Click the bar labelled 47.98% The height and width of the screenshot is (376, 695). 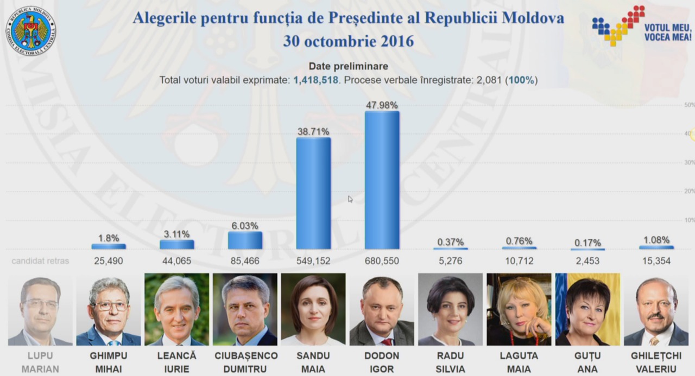(x=382, y=180)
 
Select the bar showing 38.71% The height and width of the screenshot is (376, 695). (x=313, y=193)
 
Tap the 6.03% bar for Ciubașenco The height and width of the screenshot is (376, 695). (x=245, y=240)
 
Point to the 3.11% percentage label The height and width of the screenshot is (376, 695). (x=176, y=234)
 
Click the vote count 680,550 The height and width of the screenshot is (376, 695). (x=382, y=261)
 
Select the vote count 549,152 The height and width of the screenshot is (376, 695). (x=313, y=261)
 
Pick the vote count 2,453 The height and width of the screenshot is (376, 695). (x=587, y=261)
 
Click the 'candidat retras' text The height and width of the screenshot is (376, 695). (x=40, y=261)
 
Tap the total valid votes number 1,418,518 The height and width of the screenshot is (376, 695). (x=316, y=80)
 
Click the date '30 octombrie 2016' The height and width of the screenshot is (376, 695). (x=349, y=41)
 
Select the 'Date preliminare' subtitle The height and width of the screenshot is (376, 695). (x=349, y=66)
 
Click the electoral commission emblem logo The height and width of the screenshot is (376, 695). (x=30, y=31)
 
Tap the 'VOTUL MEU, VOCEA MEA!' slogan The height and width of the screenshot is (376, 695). (x=668, y=32)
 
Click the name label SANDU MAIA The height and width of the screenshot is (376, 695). (x=313, y=362)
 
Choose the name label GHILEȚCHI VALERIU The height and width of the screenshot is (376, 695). (x=656, y=362)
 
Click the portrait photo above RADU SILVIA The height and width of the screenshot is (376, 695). (x=451, y=309)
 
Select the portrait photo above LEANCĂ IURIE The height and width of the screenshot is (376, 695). (x=177, y=309)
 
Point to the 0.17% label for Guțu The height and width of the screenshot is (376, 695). (x=587, y=243)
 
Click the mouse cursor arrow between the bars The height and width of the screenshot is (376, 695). (x=350, y=199)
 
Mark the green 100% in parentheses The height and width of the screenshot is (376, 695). (x=522, y=80)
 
